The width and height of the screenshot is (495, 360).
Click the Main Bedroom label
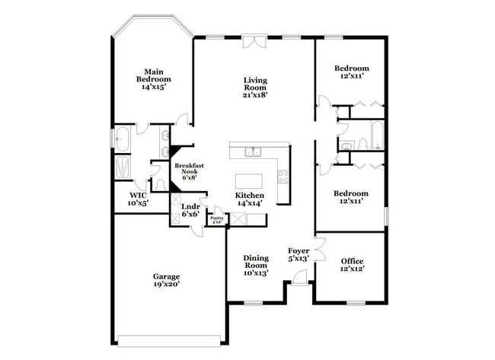(x=153, y=78)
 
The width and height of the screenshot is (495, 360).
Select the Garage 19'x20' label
(x=165, y=280)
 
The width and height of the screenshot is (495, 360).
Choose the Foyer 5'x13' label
(x=297, y=254)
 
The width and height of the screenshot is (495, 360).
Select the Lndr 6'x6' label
(x=190, y=210)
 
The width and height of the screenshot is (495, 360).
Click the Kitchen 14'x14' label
(x=249, y=199)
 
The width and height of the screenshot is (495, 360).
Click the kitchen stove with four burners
(x=283, y=177)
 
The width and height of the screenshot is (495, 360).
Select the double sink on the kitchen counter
(x=254, y=152)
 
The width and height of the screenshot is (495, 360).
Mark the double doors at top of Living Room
(x=254, y=42)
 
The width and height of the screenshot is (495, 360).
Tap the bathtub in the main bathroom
(x=121, y=139)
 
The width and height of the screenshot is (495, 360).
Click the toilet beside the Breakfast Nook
(x=159, y=183)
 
